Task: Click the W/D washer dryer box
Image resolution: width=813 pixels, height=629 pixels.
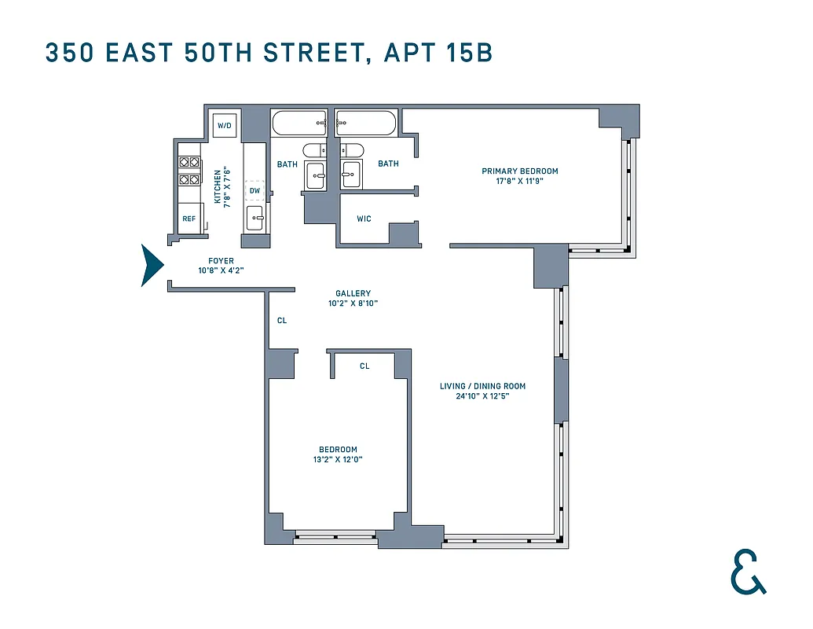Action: pos(225,126)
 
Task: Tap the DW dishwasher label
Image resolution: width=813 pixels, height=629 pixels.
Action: pos(255,190)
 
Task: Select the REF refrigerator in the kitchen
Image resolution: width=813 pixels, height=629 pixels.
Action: pos(189,219)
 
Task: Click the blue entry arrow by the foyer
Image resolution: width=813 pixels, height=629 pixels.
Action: pos(152,266)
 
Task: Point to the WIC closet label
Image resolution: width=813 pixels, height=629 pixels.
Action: pos(364,219)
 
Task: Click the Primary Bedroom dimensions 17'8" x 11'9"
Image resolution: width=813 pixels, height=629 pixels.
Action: pos(519,181)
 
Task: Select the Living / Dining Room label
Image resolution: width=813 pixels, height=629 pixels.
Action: pos(482,386)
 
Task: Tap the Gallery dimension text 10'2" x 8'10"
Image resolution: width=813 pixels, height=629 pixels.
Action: pos(353,303)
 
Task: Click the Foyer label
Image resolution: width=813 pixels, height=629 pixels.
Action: pos(221,261)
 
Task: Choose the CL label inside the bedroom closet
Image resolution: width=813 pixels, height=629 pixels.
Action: pos(364,366)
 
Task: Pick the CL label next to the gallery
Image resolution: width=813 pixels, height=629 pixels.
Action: pos(281,321)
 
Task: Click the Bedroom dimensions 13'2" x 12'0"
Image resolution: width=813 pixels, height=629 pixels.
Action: pos(338,459)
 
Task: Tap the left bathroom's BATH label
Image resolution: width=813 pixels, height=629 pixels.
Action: pos(287,164)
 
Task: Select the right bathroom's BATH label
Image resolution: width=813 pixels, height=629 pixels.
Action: pos(388,164)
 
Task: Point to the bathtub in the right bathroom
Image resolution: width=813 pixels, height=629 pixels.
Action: pos(366,123)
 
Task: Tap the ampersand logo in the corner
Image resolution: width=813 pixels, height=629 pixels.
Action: pos(747,572)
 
